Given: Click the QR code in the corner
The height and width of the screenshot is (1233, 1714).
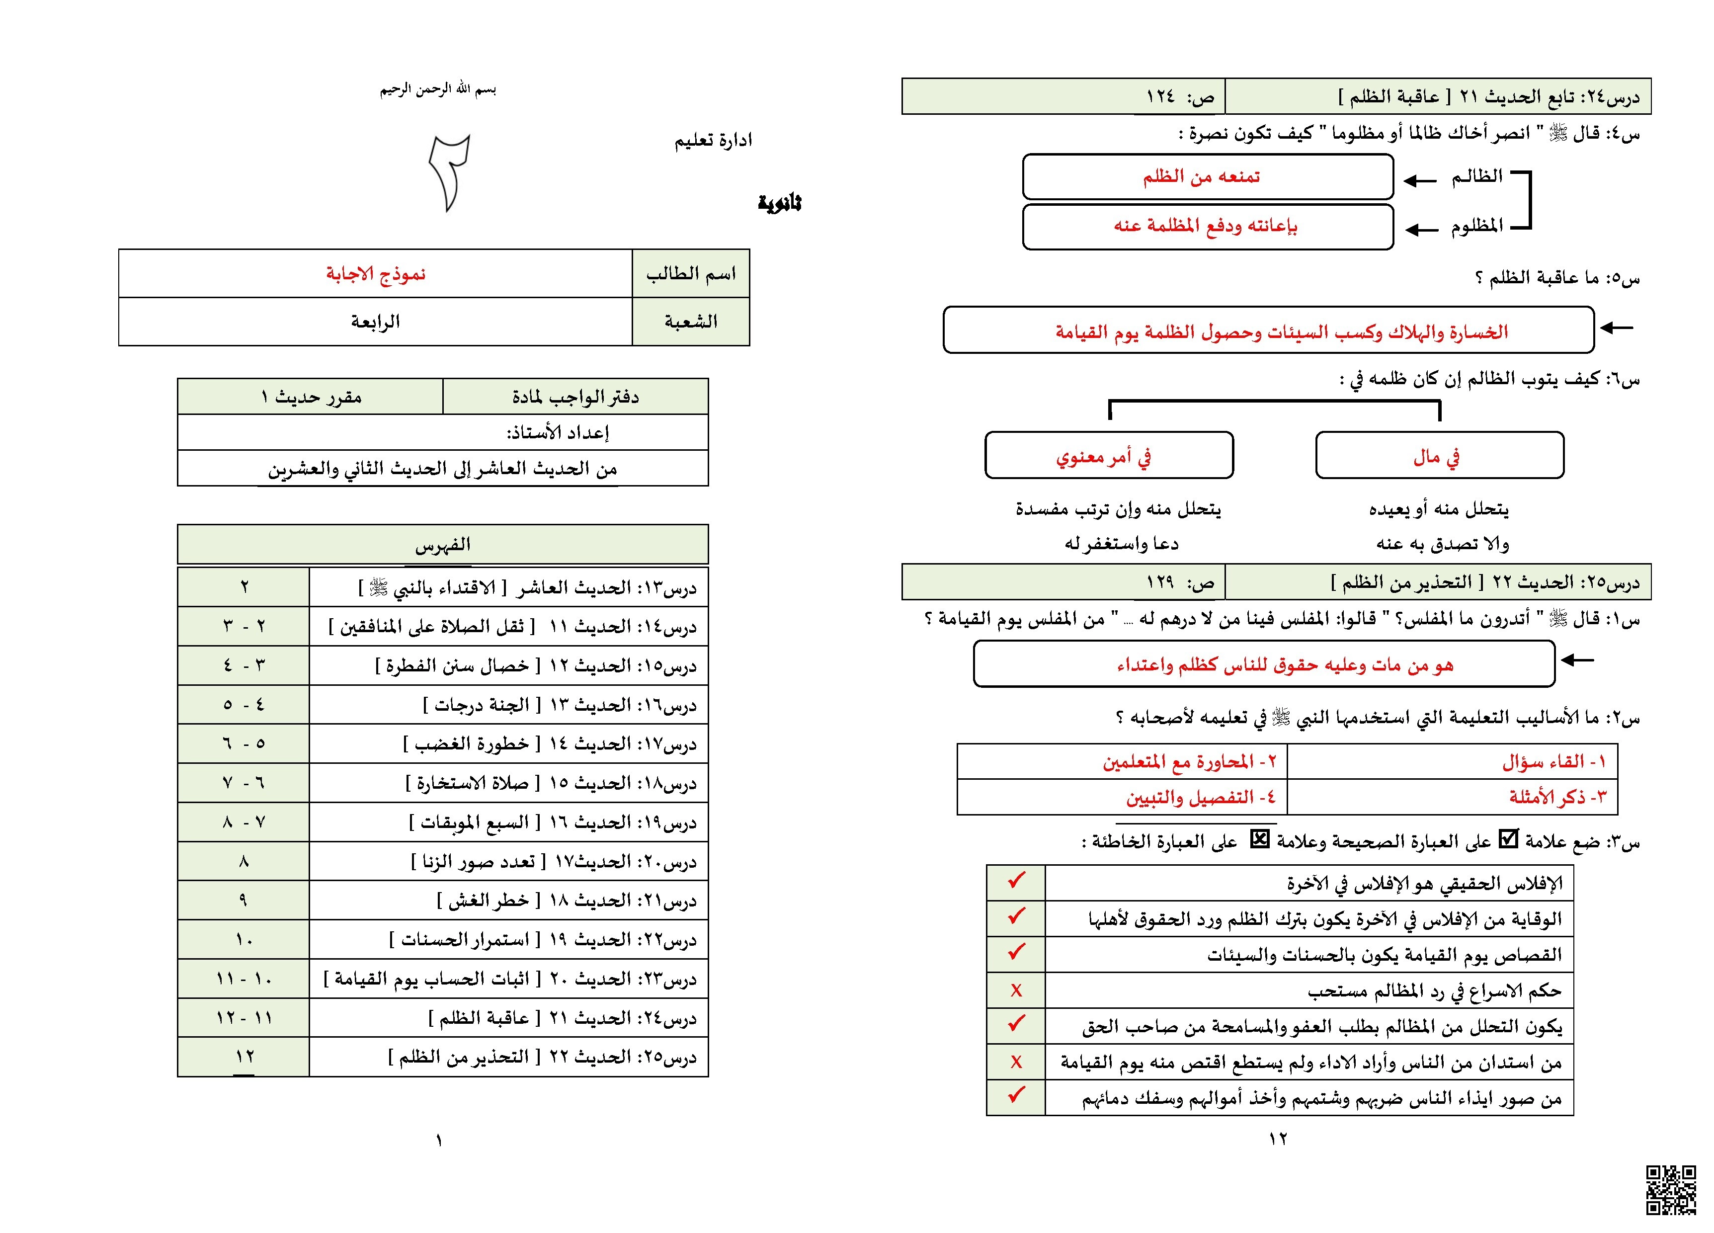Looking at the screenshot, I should tap(1671, 1190).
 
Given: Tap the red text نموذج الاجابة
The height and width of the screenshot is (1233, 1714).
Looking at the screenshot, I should tap(376, 274).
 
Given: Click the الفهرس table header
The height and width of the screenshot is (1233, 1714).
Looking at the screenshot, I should tap(443, 544).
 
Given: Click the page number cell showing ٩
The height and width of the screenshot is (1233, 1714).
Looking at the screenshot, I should tap(244, 900).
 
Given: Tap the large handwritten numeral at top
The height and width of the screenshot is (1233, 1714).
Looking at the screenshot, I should tap(450, 172).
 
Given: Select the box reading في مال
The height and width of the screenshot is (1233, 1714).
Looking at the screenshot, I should tap(1439, 456).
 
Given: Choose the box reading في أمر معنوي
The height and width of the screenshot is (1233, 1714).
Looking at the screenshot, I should tap(1109, 456).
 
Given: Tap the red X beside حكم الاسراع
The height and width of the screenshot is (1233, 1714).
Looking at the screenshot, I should tap(1016, 990).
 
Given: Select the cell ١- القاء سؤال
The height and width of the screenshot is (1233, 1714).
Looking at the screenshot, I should tap(1452, 762).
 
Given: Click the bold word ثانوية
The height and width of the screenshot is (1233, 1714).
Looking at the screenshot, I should tap(779, 203).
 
